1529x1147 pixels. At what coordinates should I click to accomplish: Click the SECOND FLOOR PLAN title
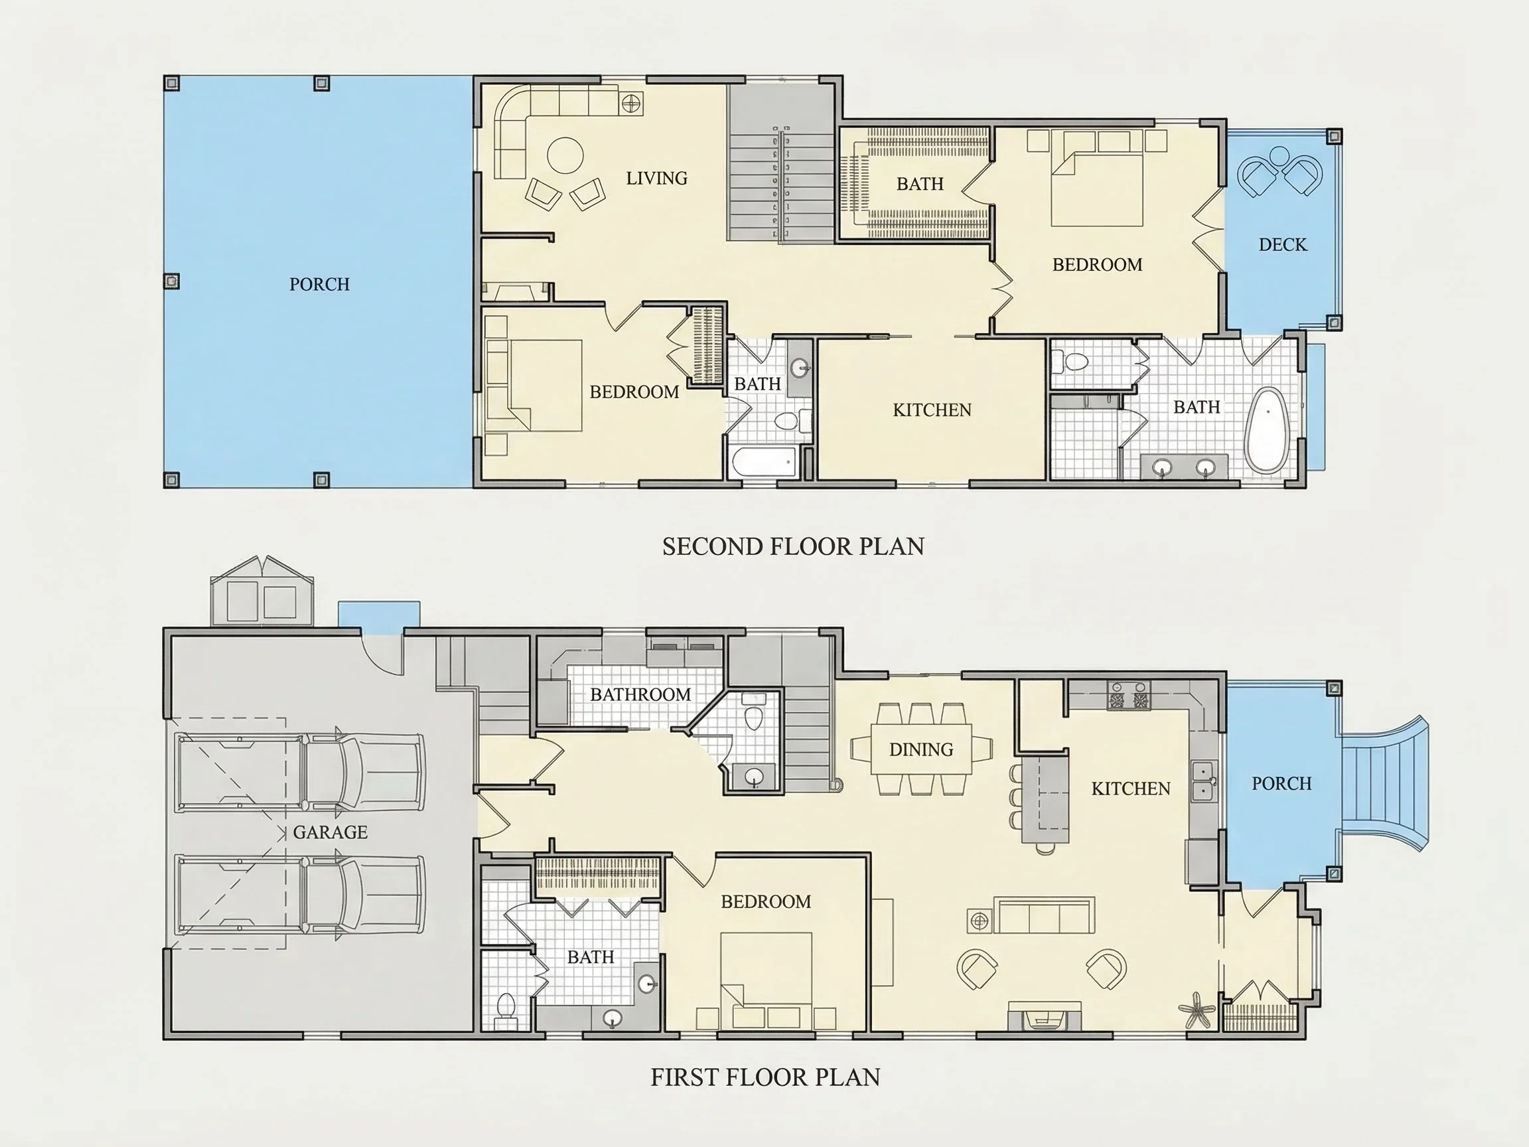[793, 547]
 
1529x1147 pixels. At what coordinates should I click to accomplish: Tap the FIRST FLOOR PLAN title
[765, 1077]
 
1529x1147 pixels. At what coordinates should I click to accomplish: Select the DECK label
[1283, 245]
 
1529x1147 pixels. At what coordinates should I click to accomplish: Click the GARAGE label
[330, 832]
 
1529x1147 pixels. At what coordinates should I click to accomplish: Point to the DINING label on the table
[920, 749]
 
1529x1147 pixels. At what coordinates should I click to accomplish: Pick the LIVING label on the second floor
[657, 179]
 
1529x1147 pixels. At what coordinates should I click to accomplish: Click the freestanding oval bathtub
[1266, 430]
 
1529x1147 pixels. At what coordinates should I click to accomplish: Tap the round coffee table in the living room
[565, 155]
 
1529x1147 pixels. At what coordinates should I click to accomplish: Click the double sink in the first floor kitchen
[1204, 780]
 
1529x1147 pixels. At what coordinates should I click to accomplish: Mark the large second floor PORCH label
[319, 284]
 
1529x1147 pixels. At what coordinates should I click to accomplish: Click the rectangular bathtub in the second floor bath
[763, 461]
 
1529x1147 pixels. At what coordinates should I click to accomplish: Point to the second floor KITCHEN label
[932, 410]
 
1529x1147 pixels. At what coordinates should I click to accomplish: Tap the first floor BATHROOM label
[640, 694]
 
